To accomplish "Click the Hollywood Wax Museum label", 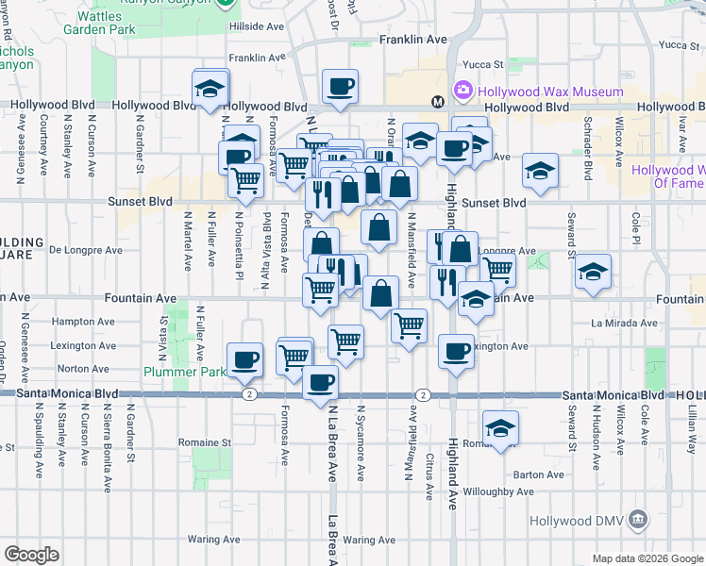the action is pyautogui.click(x=551, y=92).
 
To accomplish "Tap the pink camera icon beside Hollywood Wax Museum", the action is pyautogui.click(x=463, y=92).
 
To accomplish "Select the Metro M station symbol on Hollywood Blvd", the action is pyautogui.click(x=438, y=101).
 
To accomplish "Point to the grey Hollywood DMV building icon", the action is pyautogui.click(x=638, y=520).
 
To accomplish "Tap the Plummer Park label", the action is pyautogui.click(x=184, y=372).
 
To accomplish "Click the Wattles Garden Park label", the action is pyautogui.click(x=105, y=23).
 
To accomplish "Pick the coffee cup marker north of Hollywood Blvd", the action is pyautogui.click(x=340, y=87).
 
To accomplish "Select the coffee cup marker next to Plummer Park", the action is pyautogui.click(x=245, y=359).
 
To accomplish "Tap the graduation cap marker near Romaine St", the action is pyautogui.click(x=500, y=426).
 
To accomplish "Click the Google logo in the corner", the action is pyautogui.click(x=30, y=555).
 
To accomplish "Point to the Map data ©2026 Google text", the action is pyautogui.click(x=647, y=558).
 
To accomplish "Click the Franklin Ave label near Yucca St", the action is pyautogui.click(x=412, y=41).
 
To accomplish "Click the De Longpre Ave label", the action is pyautogui.click(x=86, y=251).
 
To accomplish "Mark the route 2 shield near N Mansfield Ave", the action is pyautogui.click(x=423, y=394).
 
